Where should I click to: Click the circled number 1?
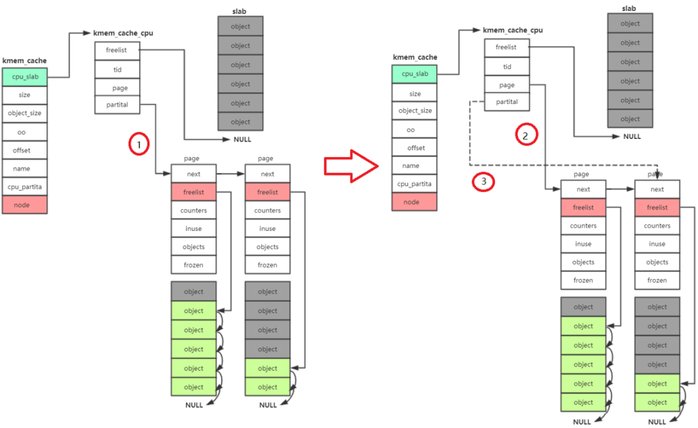coord(138,145)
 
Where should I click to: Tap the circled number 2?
coord(525,135)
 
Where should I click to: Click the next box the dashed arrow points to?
coord(657,189)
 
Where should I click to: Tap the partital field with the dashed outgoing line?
coord(507,102)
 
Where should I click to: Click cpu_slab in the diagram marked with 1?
coord(25,78)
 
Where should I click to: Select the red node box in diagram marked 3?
coord(414,202)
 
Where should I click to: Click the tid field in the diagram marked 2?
coord(507,67)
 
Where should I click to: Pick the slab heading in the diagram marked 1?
coord(240,12)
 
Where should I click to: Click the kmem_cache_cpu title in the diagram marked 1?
coord(123,32)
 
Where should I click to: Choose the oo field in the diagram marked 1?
coord(25,132)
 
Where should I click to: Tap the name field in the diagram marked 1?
coord(25,168)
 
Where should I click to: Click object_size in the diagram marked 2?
coord(414,111)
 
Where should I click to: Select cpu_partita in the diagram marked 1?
coord(25,187)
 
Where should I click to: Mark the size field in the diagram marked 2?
coord(414,94)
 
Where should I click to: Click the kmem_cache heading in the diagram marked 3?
coord(414,58)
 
